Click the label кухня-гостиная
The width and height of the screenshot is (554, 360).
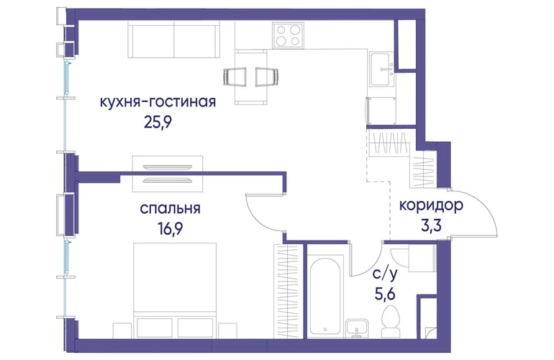point(158,102)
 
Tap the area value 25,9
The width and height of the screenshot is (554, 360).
point(158,122)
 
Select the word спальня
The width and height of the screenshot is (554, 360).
point(171,209)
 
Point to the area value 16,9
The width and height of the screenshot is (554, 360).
point(171,229)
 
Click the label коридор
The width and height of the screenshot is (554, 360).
point(431,205)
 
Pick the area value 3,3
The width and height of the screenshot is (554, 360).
point(431,225)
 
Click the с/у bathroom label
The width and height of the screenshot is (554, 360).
point(385,274)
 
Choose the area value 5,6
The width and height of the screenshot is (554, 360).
point(385,293)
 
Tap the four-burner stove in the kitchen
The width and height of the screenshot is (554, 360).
point(288,35)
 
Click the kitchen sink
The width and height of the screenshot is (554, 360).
point(381,69)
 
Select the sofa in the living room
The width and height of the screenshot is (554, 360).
point(173,40)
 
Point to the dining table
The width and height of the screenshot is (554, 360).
point(251,77)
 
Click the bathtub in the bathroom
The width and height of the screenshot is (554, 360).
point(325,297)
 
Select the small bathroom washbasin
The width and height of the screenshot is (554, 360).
point(357,328)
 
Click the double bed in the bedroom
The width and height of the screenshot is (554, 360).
point(175,290)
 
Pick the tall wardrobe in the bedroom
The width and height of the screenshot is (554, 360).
point(286,291)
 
